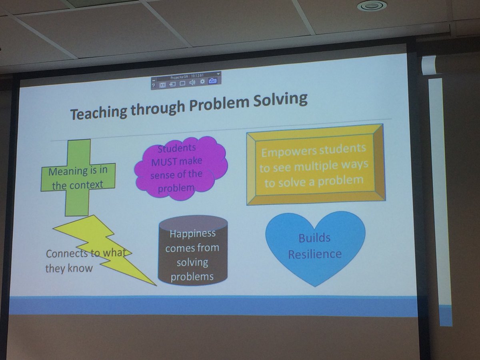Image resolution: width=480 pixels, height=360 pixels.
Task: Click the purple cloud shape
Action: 180,168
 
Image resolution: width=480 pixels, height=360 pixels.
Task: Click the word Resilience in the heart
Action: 315,254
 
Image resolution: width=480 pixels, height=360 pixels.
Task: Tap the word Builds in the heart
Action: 314,238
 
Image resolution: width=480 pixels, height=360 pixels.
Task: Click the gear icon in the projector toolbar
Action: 202,82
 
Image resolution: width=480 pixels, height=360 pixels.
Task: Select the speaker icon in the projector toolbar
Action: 192,83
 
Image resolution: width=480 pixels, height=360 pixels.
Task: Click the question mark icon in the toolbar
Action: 154,85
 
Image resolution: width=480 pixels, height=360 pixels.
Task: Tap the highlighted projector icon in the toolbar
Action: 212,82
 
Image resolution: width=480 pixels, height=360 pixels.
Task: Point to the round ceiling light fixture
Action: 372,6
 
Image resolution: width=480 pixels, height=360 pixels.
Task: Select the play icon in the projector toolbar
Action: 163,84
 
